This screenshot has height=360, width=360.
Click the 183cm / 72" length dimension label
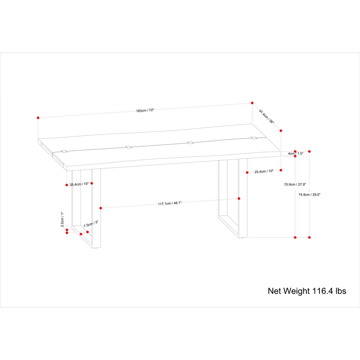point(145,110)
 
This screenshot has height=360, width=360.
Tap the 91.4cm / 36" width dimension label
point(266,117)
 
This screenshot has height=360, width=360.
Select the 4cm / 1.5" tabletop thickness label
point(296,153)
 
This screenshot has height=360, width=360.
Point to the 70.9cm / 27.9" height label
point(295,184)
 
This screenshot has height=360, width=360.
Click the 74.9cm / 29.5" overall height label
point(309,194)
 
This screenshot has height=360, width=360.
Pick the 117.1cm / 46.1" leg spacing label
point(170,203)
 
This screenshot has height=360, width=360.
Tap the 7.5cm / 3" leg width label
point(91,224)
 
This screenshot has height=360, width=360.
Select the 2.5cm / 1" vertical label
point(62,219)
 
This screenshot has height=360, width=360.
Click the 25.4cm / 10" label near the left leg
point(79,184)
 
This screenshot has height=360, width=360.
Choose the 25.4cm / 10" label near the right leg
point(264,171)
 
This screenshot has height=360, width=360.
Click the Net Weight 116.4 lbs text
point(307,291)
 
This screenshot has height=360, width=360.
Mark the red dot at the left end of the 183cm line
point(38,118)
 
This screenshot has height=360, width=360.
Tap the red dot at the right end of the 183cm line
point(252,103)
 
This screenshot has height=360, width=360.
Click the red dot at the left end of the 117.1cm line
point(100,208)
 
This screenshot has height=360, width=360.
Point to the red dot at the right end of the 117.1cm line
point(239,198)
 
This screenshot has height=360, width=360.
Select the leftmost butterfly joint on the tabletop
point(64,151)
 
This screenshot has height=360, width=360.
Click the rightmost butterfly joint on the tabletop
point(254,138)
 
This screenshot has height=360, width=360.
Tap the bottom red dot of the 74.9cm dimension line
point(309,238)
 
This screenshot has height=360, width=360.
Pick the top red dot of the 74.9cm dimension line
point(309,151)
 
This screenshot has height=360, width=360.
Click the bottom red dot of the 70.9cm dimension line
point(295,238)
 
